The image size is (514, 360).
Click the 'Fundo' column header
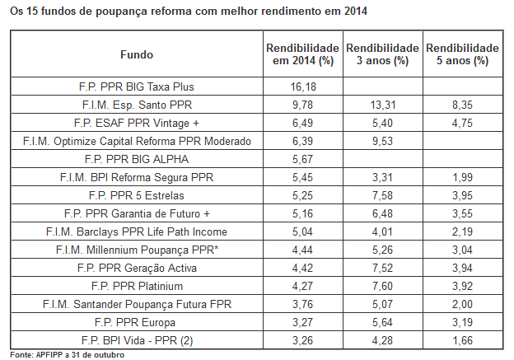pos(136,54)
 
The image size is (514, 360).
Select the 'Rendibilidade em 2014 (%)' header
pos(302,54)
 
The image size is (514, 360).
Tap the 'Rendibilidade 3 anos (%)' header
pos(383,54)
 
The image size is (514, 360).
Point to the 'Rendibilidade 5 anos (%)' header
pos(462,54)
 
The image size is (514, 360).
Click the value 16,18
pos(302,86)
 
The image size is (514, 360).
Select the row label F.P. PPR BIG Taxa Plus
pos(136,86)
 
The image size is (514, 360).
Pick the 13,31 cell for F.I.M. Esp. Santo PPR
pos(383,104)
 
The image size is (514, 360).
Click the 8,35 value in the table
pos(462,104)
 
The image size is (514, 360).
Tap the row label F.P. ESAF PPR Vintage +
pos(136,122)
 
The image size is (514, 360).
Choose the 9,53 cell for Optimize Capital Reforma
pos(383,141)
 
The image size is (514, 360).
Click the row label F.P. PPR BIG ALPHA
pos(136,159)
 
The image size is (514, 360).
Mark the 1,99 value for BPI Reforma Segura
pos(462,177)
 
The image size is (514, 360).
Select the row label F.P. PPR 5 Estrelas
pos(136,195)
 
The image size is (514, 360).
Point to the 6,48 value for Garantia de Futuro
pos(383,213)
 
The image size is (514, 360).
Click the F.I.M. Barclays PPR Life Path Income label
pos(136,231)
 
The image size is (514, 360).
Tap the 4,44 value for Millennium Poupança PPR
pos(302,250)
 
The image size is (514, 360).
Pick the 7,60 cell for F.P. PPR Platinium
pos(383,286)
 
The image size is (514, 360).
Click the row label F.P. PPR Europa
pos(136,322)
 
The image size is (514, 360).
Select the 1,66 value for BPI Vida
pos(462,340)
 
